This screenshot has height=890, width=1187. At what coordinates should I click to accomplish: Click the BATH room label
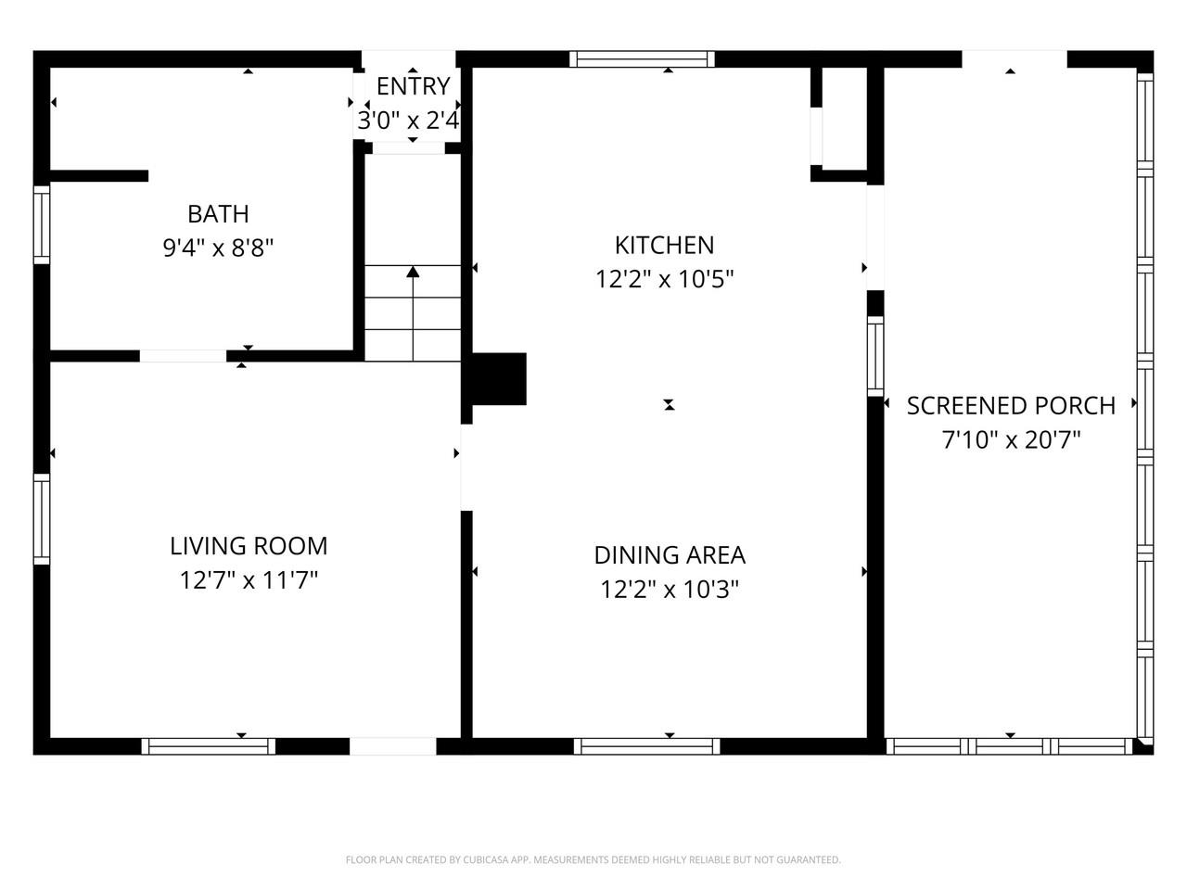click(218, 214)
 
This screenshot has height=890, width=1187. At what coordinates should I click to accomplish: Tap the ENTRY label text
click(414, 86)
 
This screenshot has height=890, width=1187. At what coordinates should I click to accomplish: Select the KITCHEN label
click(664, 246)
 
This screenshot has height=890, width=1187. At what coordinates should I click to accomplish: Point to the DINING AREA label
click(670, 555)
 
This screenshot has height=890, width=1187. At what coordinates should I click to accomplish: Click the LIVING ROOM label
click(249, 546)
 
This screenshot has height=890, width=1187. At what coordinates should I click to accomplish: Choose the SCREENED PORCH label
click(1011, 406)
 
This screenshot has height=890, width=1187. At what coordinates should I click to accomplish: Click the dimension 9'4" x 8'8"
click(218, 248)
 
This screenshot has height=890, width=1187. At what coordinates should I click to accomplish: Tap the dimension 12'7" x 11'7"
click(249, 580)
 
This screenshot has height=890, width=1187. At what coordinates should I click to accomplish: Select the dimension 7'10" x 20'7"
click(1011, 439)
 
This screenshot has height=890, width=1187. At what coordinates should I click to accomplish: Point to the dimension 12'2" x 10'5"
click(664, 279)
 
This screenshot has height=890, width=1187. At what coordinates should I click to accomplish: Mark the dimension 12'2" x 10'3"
click(670, 589)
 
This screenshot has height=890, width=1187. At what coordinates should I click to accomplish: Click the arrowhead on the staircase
click(413, 272)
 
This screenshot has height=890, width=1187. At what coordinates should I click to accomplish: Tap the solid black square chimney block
click(499, 379)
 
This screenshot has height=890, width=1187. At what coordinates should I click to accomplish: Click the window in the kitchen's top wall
click(642, 59)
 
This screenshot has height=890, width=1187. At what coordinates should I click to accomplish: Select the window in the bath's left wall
click(42, 224)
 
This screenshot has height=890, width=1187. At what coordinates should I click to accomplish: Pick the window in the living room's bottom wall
click(209, 746)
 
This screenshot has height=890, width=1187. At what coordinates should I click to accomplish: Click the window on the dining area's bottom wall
click(646, 746)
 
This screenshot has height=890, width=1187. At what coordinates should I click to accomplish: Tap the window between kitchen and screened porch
click(875, 357)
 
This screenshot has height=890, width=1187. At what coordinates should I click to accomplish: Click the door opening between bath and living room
click(183, 356)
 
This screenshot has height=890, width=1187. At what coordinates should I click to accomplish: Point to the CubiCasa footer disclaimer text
click(593, 859)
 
